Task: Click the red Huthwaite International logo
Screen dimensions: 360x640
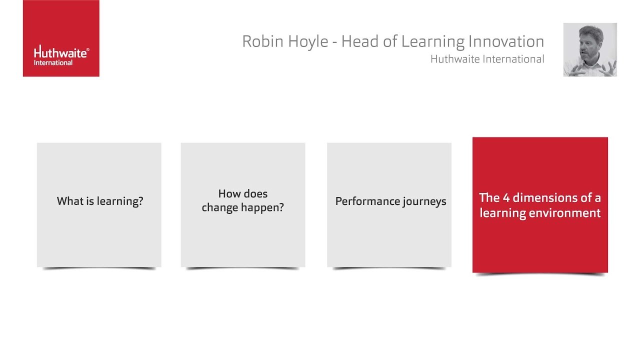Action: (61, 38)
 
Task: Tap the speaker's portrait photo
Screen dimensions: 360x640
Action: (590, 49)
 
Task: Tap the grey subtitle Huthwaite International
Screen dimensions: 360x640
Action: (487, 59)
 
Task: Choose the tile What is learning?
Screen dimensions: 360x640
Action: (99, 204)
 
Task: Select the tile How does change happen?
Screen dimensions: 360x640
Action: (243, 204)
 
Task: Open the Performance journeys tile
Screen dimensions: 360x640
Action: (389, 204)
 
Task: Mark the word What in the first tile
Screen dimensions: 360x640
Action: (68, 201)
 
